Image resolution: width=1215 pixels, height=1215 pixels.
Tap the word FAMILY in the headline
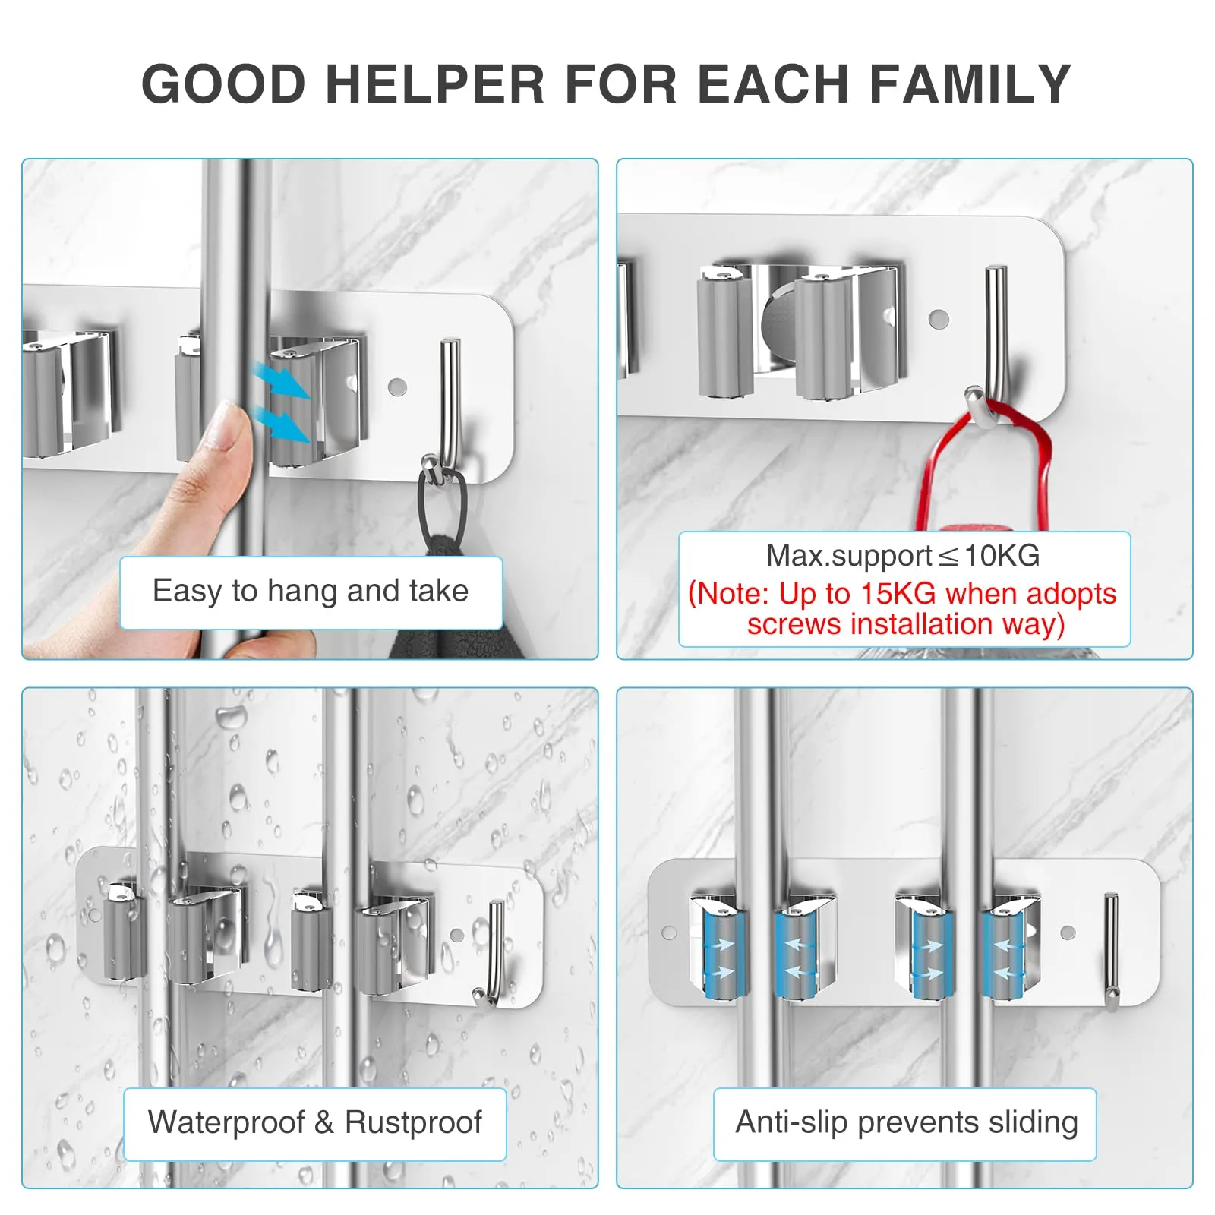[970, 84]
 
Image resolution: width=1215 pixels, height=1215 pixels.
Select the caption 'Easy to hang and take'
[311, 591]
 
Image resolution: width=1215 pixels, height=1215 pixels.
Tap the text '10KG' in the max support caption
[1002, 556]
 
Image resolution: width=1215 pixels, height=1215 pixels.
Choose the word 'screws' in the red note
[794, 624]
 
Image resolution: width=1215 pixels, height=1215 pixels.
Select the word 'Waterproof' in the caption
[226, 1122]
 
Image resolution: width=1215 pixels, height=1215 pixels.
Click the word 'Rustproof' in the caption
[413, 1122]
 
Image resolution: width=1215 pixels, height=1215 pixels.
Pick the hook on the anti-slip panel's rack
[1111, 952]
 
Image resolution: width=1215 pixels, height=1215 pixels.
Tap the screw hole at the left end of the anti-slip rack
[669, 932]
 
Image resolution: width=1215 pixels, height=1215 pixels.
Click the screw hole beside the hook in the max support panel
[939, 318]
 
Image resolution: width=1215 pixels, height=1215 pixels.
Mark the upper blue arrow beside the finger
[282, 380]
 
